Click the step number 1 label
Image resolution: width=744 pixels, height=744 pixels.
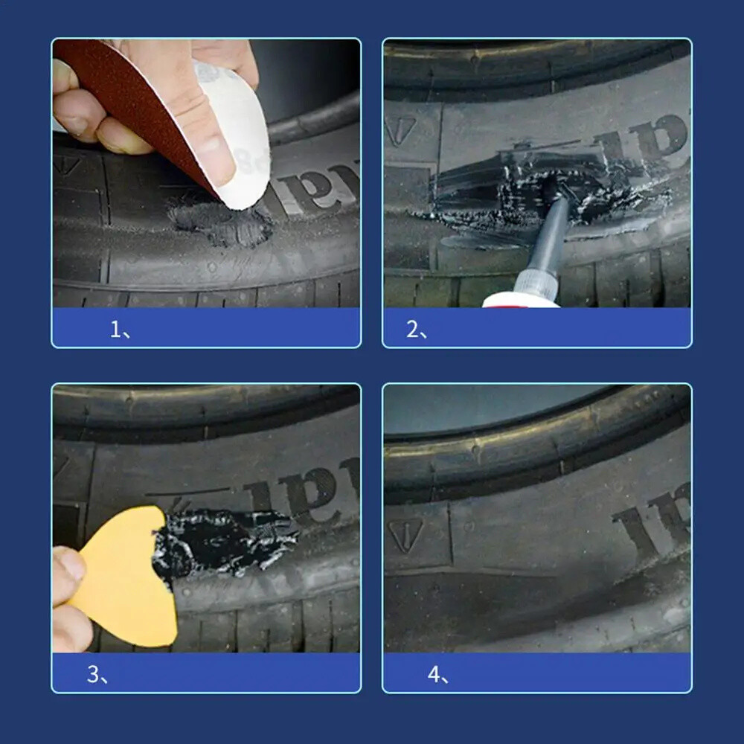119,329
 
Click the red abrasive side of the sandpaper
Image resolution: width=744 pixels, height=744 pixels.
131,97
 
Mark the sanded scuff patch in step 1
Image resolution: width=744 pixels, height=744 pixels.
219,222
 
